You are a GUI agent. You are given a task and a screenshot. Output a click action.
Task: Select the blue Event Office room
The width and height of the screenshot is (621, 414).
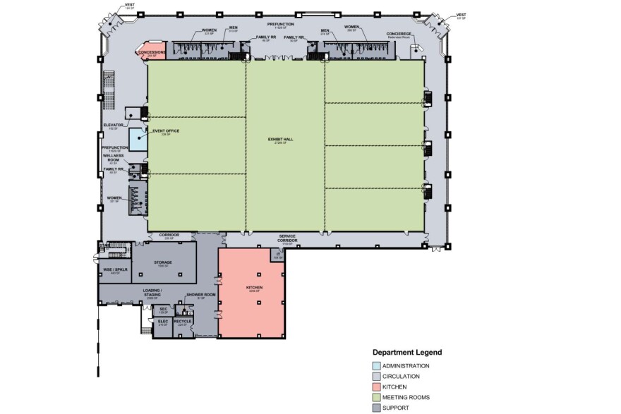138,138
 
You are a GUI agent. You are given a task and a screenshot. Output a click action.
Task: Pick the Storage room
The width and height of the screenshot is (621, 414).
164,262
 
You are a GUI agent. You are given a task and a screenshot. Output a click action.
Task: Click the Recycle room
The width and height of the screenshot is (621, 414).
182,322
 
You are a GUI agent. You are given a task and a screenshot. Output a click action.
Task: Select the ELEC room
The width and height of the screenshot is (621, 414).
162,323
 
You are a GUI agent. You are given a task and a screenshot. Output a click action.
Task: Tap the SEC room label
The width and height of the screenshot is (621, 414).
162,309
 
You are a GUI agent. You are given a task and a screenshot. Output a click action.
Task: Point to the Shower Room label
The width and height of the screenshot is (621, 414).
195,296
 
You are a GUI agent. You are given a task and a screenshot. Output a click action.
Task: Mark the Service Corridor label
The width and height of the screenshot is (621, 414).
287,238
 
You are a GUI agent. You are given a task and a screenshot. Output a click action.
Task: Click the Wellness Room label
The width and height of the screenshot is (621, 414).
113,157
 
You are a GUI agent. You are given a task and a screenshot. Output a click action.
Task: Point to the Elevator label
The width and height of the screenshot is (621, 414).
113,125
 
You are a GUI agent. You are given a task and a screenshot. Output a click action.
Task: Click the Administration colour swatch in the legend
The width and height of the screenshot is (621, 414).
376,366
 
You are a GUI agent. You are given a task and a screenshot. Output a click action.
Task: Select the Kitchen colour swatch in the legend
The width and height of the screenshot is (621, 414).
376,387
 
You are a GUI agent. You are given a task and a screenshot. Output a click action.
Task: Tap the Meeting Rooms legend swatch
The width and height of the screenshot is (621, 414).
376,398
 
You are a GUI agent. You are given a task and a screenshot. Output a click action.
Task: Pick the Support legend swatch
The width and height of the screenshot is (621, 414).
376,408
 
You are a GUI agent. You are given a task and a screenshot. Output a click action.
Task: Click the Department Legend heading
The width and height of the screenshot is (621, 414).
406,352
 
